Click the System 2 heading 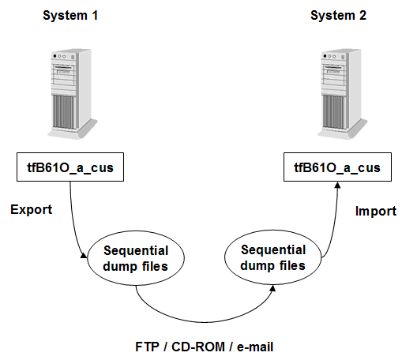[x=337, y=15]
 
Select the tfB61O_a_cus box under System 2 [x=337, y=167]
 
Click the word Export [x=31, y=211]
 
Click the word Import [x=375, y=212]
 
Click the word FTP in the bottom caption [x=145, y=347]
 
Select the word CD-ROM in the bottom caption [x=192, y=347]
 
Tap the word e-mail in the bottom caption [x=253, y=347]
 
